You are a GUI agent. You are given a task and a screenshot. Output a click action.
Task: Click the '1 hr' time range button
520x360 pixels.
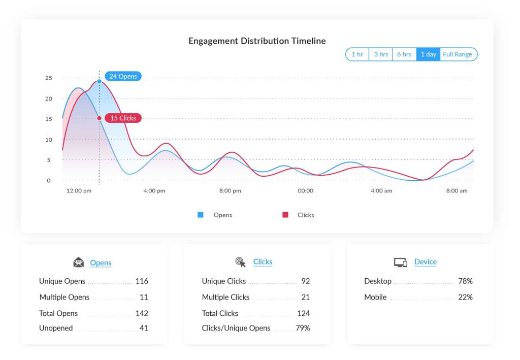357,54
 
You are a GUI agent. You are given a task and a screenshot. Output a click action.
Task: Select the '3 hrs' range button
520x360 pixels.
381,54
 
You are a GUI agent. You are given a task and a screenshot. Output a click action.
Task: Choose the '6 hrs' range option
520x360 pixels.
404,54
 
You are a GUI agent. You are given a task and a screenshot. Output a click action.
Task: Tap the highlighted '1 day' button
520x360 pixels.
428,54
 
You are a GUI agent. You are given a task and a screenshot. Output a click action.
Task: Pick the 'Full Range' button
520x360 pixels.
458,54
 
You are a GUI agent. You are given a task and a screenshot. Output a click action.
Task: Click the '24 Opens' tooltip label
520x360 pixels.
123,76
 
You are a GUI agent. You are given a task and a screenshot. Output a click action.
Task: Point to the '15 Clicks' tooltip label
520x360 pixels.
123,118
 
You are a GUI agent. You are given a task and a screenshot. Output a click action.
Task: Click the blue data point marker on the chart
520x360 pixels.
99,81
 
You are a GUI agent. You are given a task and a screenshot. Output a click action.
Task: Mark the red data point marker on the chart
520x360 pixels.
99,118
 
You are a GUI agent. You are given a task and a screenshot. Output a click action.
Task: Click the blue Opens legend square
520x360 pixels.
201,215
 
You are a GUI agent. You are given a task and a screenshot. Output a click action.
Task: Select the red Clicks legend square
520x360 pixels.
285,215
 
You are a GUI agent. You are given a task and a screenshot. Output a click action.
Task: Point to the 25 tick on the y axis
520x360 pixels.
49,78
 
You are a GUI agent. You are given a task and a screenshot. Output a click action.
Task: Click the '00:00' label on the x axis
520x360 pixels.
306,191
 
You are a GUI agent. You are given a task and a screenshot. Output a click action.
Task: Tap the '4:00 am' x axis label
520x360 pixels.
381,191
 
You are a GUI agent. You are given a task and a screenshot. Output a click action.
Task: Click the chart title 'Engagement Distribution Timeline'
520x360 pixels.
257,41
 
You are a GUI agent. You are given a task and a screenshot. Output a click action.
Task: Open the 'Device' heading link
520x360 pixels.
425,262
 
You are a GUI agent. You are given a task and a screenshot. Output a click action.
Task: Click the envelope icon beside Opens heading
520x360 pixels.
78,263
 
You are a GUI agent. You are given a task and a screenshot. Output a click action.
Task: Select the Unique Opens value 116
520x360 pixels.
142,281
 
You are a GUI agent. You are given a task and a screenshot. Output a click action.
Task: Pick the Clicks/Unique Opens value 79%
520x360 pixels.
303,328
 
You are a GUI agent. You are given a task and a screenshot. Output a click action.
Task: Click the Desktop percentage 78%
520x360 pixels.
465,281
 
